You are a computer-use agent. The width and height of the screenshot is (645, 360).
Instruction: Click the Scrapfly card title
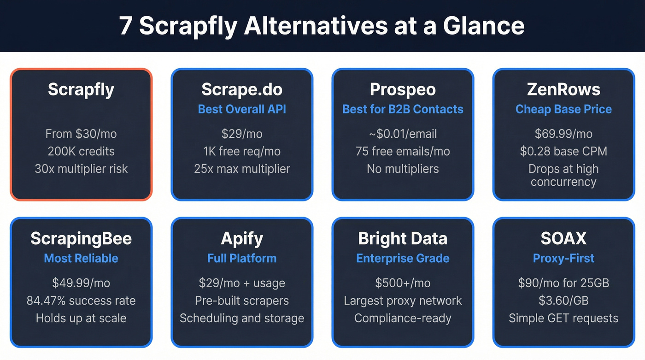pyautogui.click(x=81, y=89)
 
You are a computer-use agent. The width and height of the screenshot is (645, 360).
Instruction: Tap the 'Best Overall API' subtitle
pyautogui.click(x=242, y=109)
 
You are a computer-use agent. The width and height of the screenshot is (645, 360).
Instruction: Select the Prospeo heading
pyautogui.click(x=403, y=89)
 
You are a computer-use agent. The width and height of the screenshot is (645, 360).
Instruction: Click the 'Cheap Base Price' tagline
pyautogui.click(x=563, y=109)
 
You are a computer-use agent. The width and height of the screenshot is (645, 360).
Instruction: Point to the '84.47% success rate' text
pyautogui.click(x=81, y=301)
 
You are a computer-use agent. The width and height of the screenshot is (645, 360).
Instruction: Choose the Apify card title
pyautogui.click(x=242, y=239)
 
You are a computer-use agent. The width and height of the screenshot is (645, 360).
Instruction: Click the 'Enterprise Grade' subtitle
pyautogui.click(x=403, y=258)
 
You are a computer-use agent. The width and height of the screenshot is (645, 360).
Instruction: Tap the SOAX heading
pyautogui.click(x=563, y=239)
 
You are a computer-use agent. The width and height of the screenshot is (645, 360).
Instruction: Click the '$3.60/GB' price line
pyautogui.click(x=563, y=301)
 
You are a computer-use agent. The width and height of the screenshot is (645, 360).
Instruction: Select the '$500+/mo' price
pyautogui.click(x=403, y=283)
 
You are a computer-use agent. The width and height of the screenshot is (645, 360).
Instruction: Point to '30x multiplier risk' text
pyautogui.click(x=81, y=169)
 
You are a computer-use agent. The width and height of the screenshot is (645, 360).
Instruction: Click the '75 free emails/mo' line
pyautogui.click(x=403, y=151)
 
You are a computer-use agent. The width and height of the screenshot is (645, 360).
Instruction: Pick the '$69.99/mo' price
pyautogui.click(x=563, y=134)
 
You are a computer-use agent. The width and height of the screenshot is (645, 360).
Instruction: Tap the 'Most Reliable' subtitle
pyautogui.click(x=81, y=258)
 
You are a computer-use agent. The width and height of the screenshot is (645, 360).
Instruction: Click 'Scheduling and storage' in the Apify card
pyautogui.click(x=242, y=318)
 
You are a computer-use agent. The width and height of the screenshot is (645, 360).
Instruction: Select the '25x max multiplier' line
pyautogui.click(x=242, y=169)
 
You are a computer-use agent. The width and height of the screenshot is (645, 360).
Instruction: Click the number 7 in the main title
pyautogui.click(x=125, y=26)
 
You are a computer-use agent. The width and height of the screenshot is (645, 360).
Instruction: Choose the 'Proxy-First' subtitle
pyautogui.click(x=563, y=258)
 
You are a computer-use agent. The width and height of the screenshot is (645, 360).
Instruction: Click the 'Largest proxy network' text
pyautogui.click(x=403, y=301)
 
